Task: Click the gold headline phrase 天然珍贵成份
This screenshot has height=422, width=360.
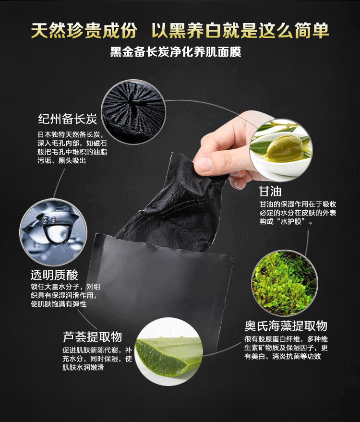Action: click(x=84, y=30)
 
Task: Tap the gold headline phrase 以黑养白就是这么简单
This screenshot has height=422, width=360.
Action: click(x=240, y=30)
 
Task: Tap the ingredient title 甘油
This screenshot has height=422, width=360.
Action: click(x=270, y=192)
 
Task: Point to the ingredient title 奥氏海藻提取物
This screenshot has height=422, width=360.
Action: click(x=286, y=326)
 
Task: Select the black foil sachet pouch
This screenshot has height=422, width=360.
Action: click(x=158, y=283)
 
